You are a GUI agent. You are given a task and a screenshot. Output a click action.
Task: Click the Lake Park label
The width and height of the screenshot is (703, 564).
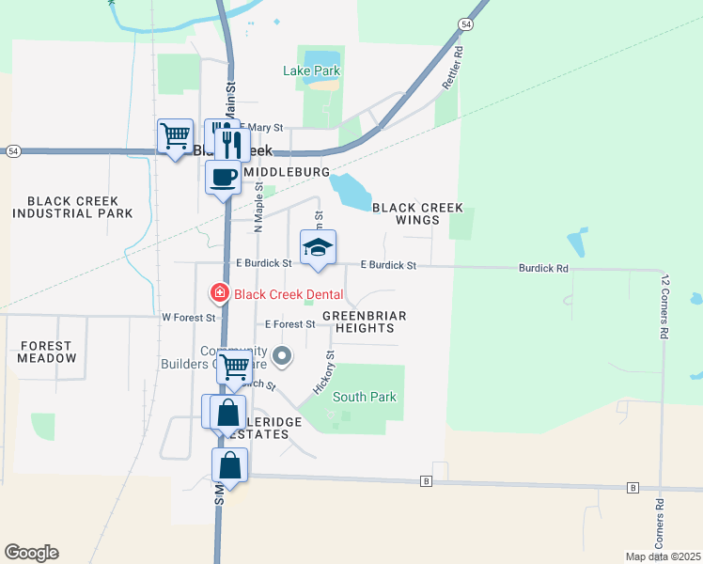311,70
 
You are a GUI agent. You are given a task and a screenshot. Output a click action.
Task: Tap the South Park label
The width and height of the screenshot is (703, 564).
364,397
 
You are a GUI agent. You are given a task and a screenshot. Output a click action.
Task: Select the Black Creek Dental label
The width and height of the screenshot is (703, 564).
289,294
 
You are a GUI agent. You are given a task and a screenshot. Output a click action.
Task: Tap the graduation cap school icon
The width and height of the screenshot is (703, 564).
318,247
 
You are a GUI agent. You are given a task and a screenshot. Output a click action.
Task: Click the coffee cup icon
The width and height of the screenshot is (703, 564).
223,176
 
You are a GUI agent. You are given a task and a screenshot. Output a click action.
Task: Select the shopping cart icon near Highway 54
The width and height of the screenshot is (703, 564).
175,136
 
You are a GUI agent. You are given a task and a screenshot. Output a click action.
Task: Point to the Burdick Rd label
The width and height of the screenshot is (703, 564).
543,268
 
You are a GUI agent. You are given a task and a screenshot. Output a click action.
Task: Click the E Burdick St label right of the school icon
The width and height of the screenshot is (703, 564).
387,266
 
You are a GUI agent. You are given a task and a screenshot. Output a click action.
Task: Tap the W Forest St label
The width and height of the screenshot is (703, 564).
188,318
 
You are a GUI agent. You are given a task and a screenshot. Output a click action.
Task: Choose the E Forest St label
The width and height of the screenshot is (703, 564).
289,324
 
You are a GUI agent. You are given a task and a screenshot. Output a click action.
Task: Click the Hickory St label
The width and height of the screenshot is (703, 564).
324,372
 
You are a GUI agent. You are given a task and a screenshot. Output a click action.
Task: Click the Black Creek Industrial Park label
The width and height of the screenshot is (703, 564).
66,207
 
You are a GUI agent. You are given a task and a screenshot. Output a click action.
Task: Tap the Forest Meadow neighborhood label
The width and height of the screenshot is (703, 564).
47,352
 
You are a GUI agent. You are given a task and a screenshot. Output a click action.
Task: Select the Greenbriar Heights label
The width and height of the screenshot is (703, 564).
364,321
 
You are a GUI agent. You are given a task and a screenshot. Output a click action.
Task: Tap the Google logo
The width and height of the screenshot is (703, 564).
31,553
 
